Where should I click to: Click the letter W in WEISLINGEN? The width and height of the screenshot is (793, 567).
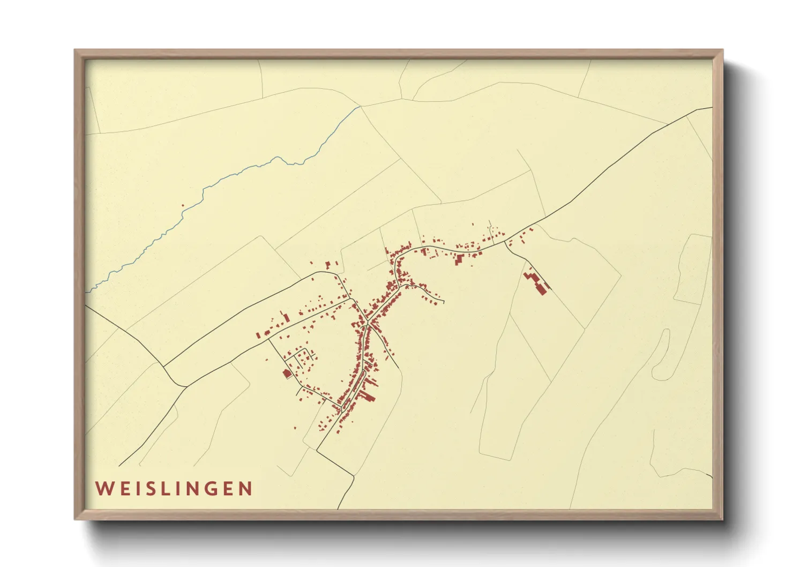coord(103,489)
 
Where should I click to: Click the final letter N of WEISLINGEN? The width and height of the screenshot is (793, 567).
coord(246,489)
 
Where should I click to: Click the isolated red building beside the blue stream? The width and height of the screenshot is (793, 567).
coord(183,205)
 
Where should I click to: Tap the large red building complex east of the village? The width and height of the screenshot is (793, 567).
coord(537,282)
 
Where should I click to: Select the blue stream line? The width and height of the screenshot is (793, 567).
coord(236,174)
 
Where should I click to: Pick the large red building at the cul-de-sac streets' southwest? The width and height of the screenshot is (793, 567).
coord(287,373)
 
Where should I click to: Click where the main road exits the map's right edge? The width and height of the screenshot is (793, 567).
coord(712,108)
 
